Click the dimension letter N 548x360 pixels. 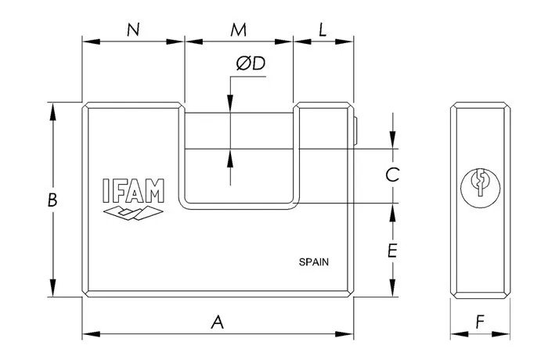point(133,31)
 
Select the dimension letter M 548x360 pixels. point(239,31)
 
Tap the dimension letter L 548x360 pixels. point(323,31)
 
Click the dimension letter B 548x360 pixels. point(52,200)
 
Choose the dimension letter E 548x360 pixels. point(393,250)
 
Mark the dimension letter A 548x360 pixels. point(218,321)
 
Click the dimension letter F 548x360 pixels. point(480,321)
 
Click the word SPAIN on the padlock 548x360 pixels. point(313,263)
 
